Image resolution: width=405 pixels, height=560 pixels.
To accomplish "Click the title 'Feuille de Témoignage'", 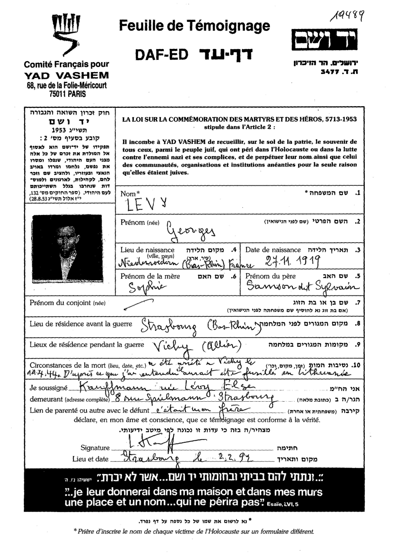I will pyautogui.click(x=195, y=26).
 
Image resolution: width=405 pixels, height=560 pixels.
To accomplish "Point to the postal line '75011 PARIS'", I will pyautogui.click(x=67, y=94).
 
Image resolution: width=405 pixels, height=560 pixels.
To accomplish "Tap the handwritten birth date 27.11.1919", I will pyautogui.click(x=293, y=262).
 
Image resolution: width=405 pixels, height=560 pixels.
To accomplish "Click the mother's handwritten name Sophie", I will pyautogui.click(x=147, y=288).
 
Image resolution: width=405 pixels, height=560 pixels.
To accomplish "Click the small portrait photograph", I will pyautogui.click(x=67, y=249).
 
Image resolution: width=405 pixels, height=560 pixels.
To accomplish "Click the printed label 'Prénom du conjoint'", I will pyautogui.click(x=60, y=303).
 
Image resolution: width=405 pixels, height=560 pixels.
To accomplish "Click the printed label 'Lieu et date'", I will pyautogui.click(x=90, y=459).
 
